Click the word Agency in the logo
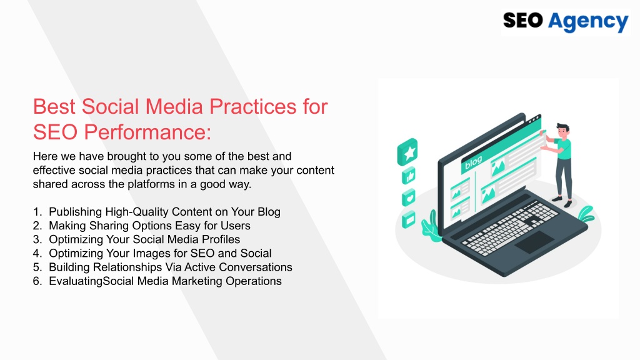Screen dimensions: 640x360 click(x=587, y=22)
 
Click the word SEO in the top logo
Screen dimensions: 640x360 click(x=523, y=21)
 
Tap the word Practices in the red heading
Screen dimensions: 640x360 click(x=253, y=106)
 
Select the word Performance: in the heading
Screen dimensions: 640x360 click(x=147, y=132)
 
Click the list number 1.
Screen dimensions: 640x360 click(x=37, y=212)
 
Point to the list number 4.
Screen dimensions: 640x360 click(x=37, y=254)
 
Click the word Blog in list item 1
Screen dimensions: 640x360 click(x=269, y=212)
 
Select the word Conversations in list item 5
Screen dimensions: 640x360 click(x=256, y=267)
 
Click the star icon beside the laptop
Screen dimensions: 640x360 click(x=407, y=152)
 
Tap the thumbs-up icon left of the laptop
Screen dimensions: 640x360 click(x=409, y=176)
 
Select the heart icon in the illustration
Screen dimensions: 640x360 click(x=409, y=198)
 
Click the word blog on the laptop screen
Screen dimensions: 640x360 click(x=474, y=162)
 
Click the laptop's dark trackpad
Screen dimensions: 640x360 click(x=534, y=242)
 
